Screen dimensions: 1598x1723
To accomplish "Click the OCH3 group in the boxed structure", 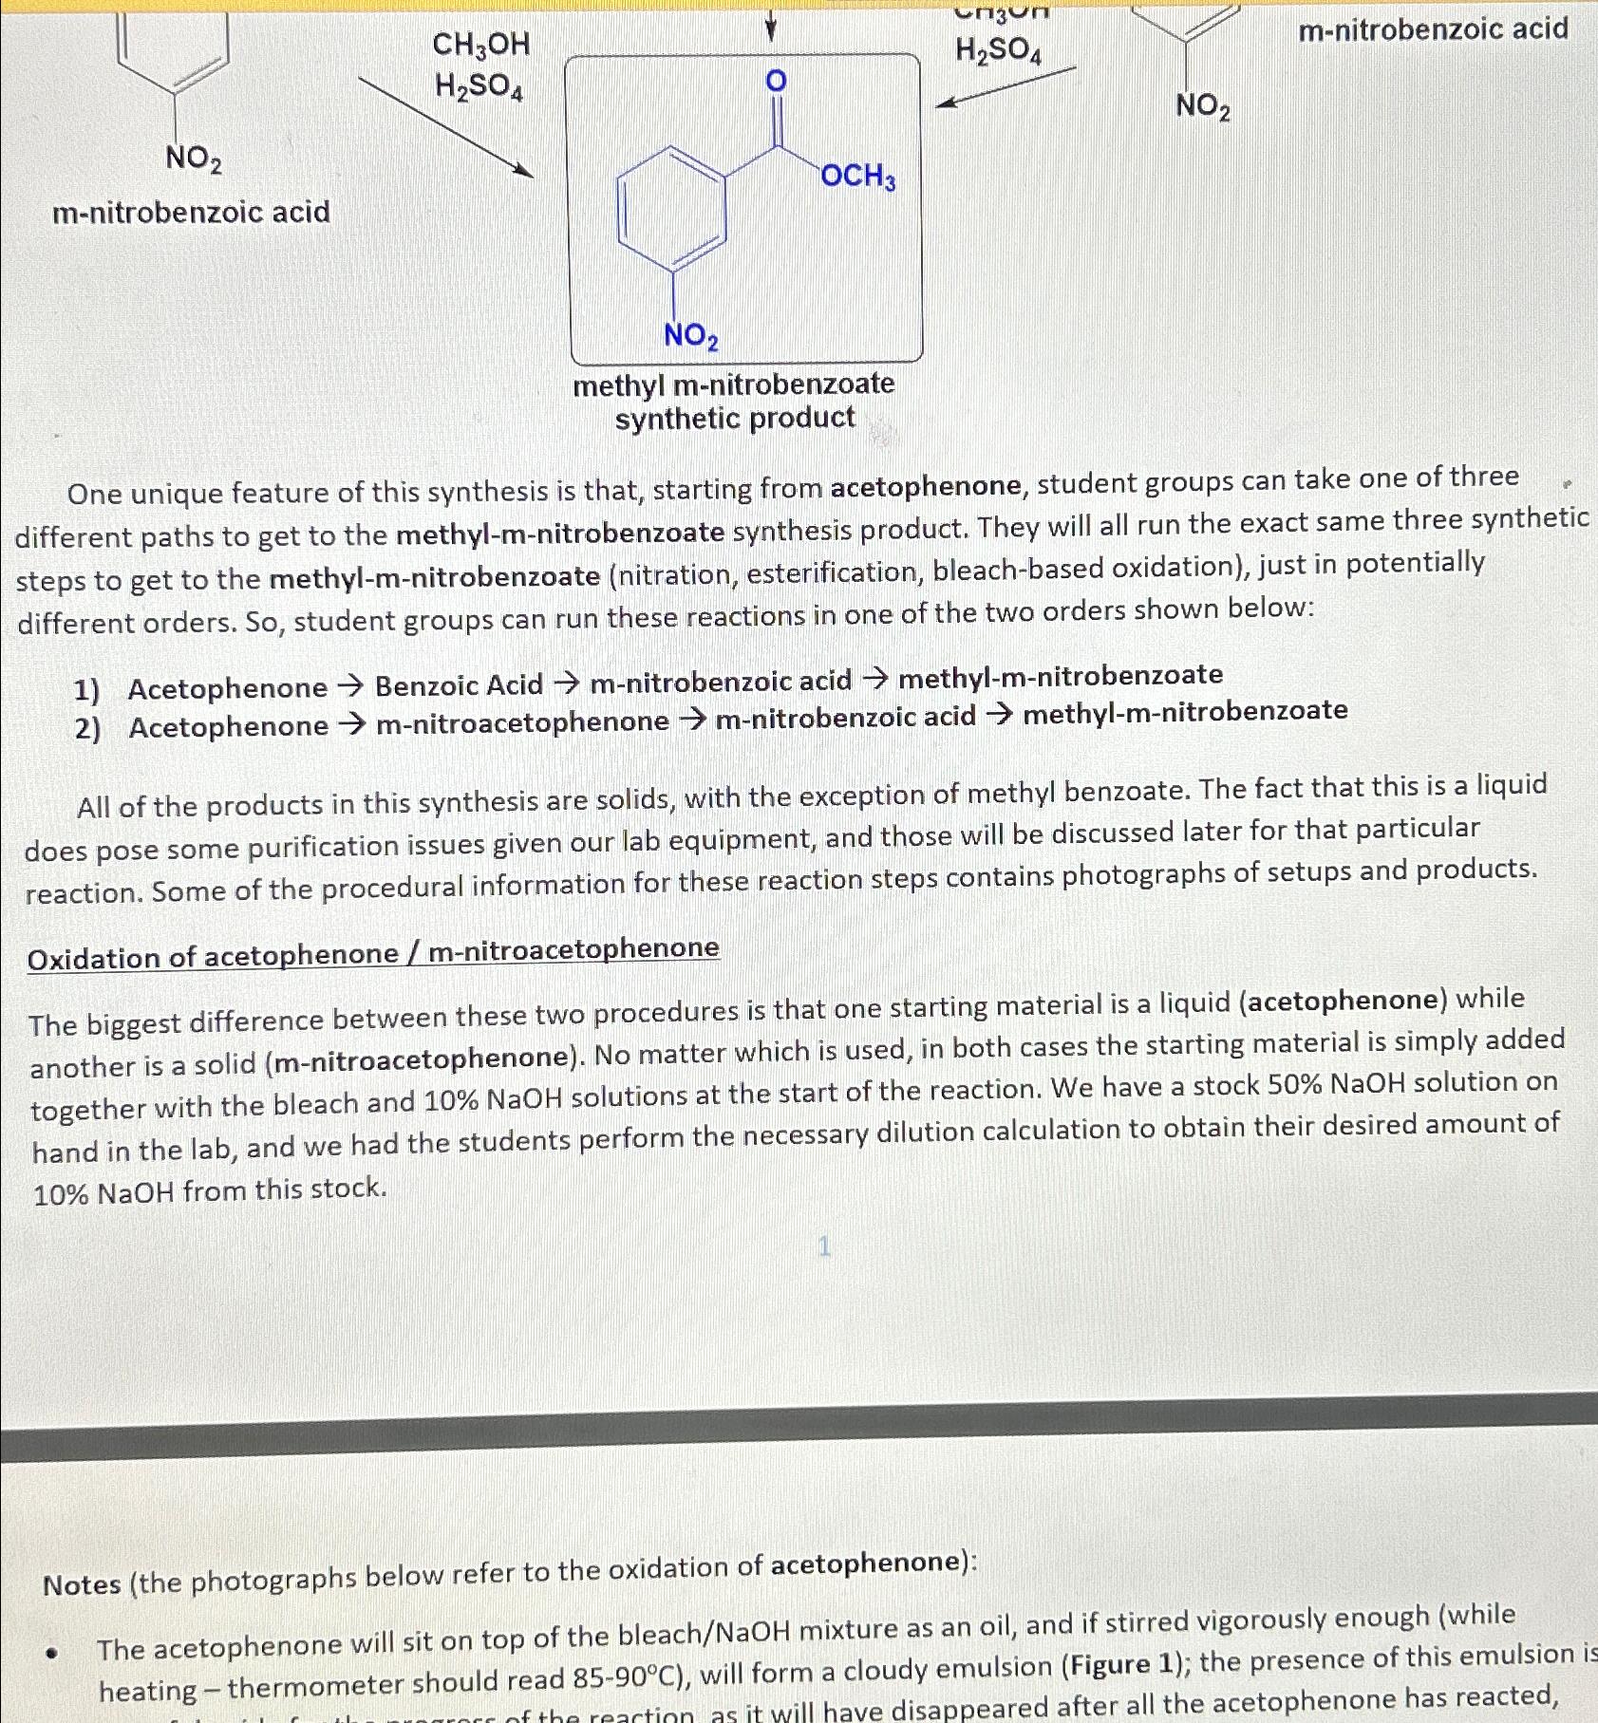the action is coord(857,177).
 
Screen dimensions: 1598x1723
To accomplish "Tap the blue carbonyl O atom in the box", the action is coord(776,82).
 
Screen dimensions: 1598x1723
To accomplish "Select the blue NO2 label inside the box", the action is coord(690,335).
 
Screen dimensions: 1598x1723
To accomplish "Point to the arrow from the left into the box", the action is coord(445,129).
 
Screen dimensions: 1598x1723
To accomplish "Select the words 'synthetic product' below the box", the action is coord(735,419).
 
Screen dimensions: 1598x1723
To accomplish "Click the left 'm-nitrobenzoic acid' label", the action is coord(191,212).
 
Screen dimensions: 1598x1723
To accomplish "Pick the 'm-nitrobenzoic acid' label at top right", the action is coord(1433,30).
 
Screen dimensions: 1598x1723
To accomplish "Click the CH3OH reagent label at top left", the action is coord(480,45).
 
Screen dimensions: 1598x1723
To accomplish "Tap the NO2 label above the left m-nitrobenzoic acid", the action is coord(194,159).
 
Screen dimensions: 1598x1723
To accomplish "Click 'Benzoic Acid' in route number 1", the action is coord(459,684).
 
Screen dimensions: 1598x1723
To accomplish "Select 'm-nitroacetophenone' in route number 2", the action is coord(522,723).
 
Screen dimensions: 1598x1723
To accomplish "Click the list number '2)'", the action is coord(87,728).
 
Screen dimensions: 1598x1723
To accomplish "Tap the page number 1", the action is coord(823,1246).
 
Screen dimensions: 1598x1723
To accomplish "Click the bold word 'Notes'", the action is coord(82,1584).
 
